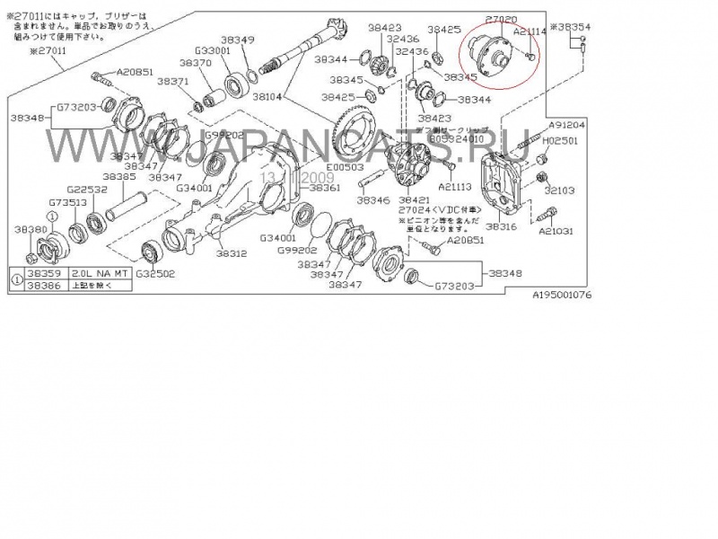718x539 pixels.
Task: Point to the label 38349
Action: coord(238,40)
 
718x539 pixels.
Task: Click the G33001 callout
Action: coord(214,51)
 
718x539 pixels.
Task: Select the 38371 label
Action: coord(172,81)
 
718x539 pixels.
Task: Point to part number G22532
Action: coord(88,190)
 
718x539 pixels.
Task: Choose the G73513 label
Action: coord(68,203)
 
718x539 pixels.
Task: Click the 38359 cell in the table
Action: coord(44,271)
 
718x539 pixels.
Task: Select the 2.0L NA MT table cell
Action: coord(94,271)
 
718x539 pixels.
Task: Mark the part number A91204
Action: coord(567,126)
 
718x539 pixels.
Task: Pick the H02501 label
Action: coord(561,140)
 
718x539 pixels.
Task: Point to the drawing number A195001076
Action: coord(563,294)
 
